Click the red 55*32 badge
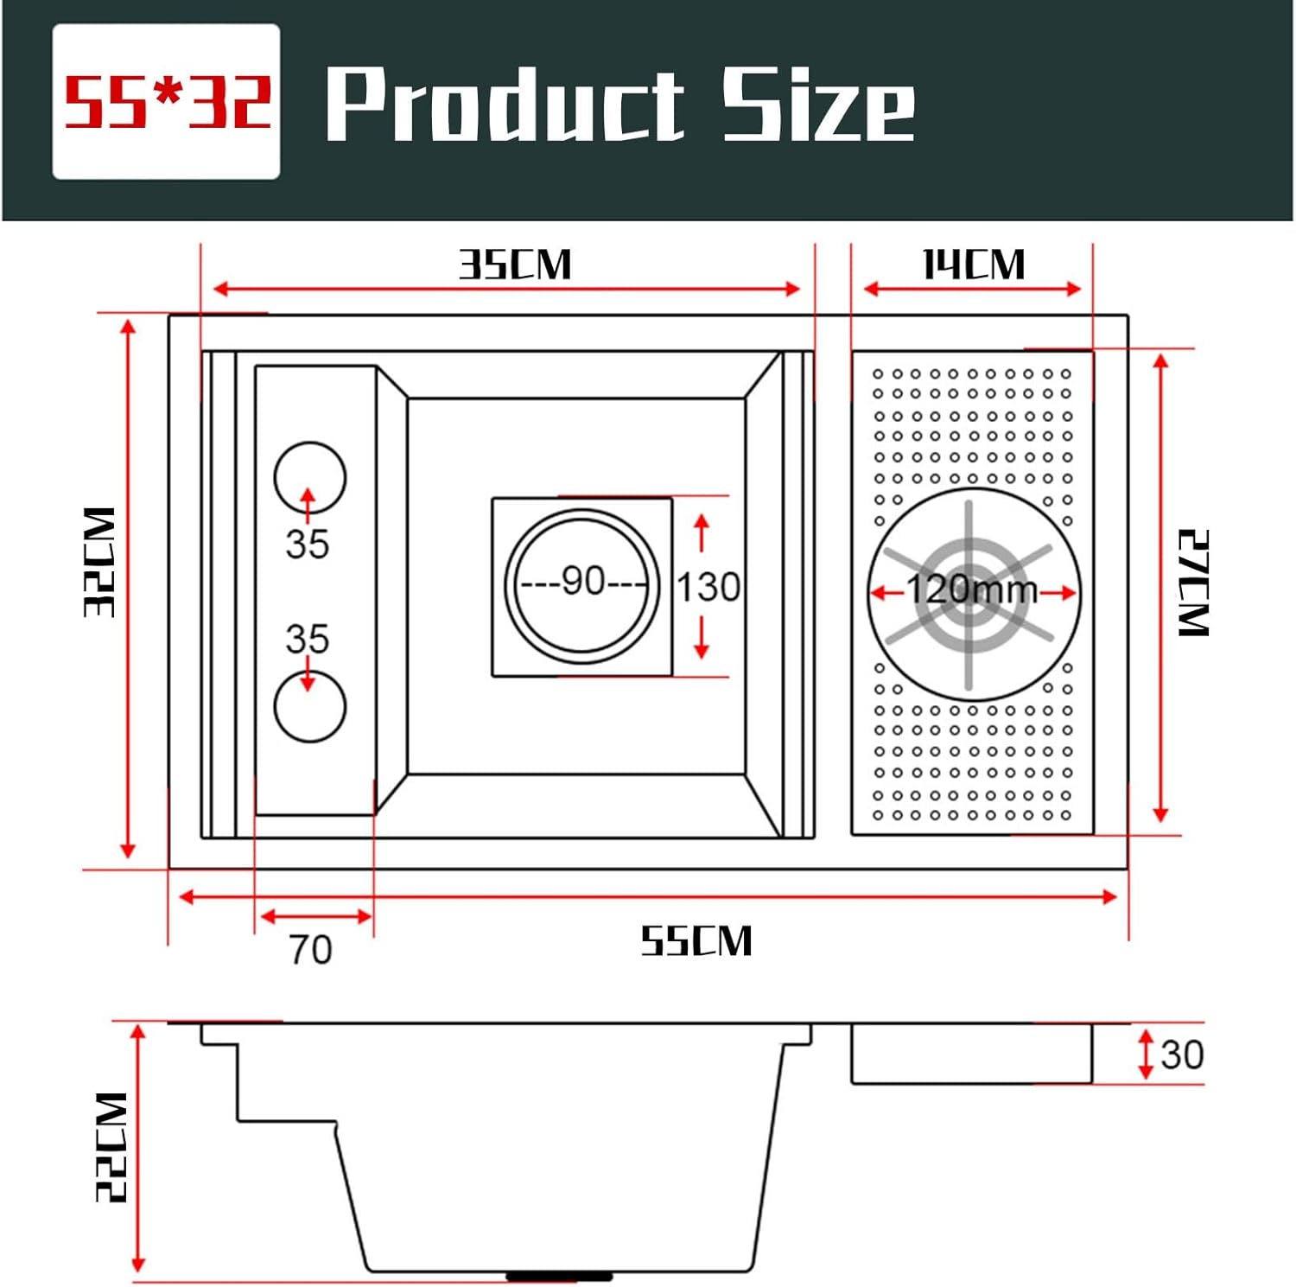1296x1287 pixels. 166,102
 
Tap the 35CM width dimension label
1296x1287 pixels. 515,264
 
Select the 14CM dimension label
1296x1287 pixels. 973,264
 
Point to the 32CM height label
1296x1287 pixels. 99,562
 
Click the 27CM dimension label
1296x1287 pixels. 1194,583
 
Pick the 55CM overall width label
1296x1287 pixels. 696,940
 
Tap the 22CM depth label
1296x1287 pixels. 111,1146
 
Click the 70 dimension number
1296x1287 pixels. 310,949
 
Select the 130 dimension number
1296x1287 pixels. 708,587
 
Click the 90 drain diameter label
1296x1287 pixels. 583,581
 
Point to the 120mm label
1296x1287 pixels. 972,590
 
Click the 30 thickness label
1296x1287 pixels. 1181,1054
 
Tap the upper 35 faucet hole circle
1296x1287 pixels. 310,476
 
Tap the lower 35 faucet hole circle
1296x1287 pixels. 310,706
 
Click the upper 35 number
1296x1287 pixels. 308,545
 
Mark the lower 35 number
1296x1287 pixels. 308,640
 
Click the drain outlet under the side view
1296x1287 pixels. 559,1275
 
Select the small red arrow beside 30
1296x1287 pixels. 1146,1054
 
